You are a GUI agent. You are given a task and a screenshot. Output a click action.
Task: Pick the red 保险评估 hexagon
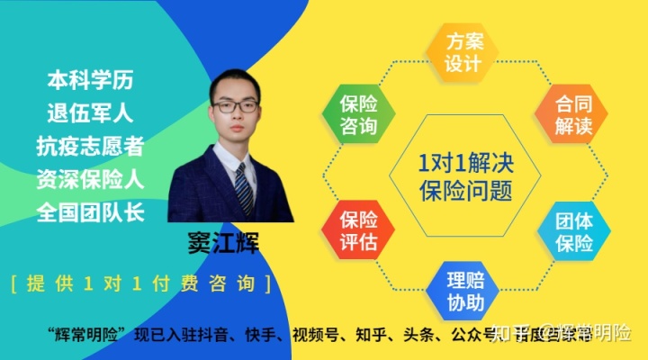pos(358,230)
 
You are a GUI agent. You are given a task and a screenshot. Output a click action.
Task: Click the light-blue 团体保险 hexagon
pos(572,231)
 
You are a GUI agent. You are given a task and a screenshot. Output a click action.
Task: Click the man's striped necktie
pos(243,184)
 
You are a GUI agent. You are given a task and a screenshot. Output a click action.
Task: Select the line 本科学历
pos(90,79)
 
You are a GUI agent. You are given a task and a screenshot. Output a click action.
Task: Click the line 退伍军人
pos(90,112)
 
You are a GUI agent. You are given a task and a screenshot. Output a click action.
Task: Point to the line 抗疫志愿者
pos(90,146)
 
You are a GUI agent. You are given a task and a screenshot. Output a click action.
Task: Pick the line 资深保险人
pos(90,179)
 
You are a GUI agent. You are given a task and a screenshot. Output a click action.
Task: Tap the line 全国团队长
pos(90,212)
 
